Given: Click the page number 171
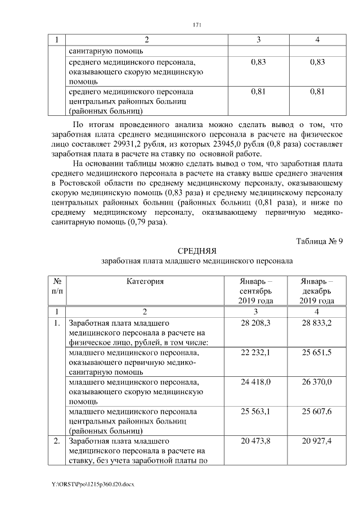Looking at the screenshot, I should click(197, 25).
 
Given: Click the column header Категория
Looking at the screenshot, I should click(145, 281).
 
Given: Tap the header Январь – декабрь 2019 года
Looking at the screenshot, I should click(317, 291).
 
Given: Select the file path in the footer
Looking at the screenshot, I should click(93, 484).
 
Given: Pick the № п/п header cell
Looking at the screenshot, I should click(57, 286).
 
